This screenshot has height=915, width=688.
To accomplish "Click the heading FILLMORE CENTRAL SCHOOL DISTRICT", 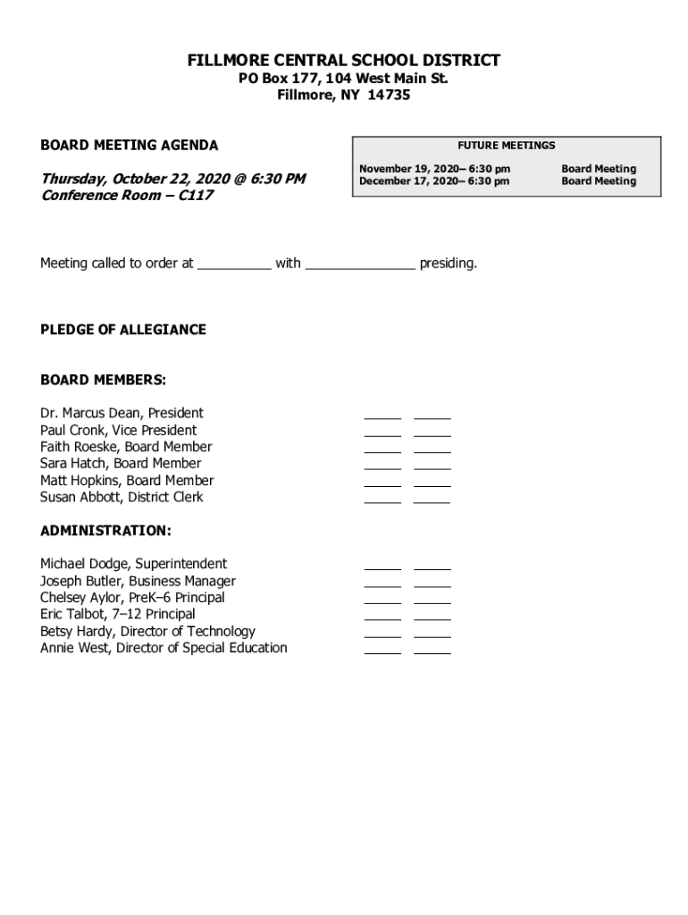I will coord(343,61).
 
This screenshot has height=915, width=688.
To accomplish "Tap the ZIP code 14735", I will coord(390,96).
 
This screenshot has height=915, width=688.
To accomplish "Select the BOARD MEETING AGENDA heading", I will coord(129,146).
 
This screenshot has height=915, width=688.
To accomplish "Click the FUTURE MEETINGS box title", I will coord(506,146).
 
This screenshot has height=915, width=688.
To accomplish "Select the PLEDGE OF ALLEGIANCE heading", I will coord(123,330).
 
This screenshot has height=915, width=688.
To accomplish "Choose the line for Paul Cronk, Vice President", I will coord(118,430).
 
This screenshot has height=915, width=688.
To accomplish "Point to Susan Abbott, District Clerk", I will coord(122,497).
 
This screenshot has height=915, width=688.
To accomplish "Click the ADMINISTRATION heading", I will coord(105,531).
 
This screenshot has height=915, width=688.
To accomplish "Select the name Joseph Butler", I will coord(80,581).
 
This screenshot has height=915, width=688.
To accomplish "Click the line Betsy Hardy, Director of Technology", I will coord(147,632).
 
